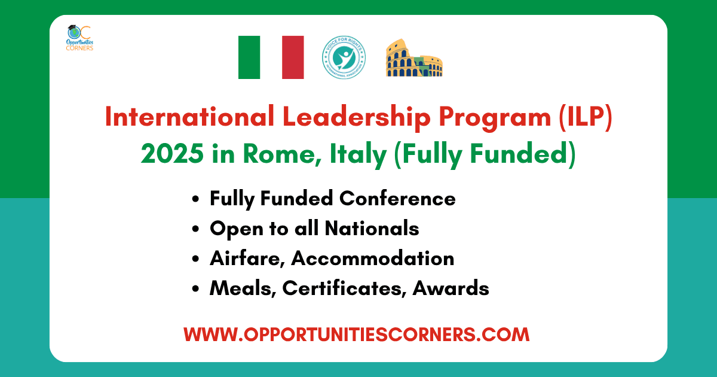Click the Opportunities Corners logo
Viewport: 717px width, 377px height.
[x=79, y=38]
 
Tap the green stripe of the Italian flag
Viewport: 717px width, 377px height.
[x=249, y=57]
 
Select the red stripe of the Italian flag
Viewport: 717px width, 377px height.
[x=293, y=57]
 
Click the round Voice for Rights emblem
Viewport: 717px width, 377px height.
[x=344, y=57]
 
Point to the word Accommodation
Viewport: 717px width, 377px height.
[x=373, y=259]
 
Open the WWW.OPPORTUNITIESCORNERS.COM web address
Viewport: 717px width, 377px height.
[x=357, y=334]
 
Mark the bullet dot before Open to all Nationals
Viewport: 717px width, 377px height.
[x=196, y=229]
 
